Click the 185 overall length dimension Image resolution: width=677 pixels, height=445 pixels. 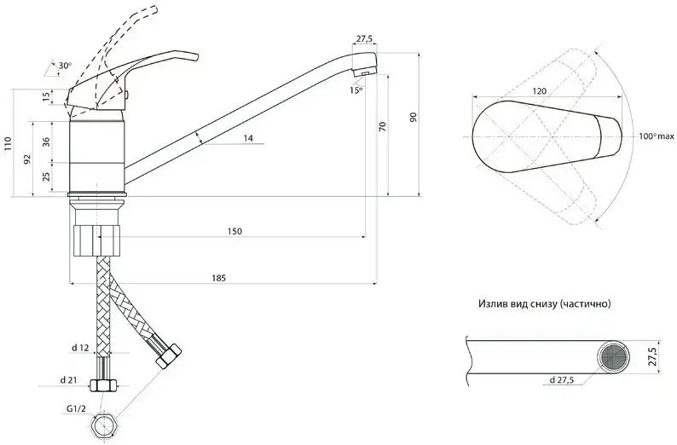pos(218,278)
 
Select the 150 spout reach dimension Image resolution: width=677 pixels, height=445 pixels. pos(234,231)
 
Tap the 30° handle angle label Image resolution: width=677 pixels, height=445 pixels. pos(65,66)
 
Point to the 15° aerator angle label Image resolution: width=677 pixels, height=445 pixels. pos(356,90)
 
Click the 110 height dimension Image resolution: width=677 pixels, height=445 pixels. pos(8,143)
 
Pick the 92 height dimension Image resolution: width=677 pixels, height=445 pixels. pos(27,159)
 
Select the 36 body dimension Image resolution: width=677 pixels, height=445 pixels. pos(47,142)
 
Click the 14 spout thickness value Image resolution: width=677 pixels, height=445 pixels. pos(248,139)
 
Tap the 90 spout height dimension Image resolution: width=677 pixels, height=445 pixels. pos(414,117)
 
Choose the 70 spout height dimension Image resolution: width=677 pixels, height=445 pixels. pos(382,126)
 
